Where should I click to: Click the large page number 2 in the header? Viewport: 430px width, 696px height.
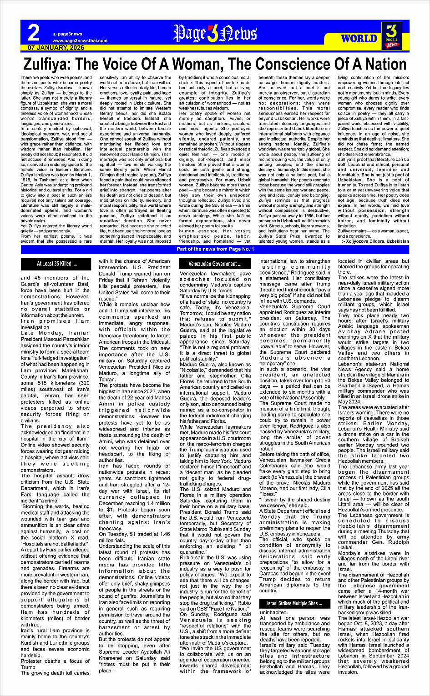[x=34, y=33]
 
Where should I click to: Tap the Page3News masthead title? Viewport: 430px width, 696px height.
[x=215, y=34]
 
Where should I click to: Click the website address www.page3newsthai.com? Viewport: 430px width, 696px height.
[x=80, y=40]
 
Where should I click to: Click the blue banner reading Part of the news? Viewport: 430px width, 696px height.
[x=215, y=249]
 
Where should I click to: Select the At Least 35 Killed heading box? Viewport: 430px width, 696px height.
[x=57, y=264]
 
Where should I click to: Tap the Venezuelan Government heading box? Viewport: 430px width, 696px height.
[x=215, y=264]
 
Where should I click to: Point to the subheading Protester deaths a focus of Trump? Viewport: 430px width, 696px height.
[x=55, y=664]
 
